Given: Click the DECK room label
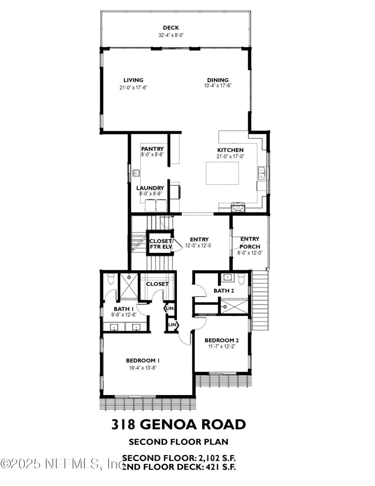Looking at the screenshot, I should click(171, 28).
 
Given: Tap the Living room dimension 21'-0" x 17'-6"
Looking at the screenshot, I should click(133, 87).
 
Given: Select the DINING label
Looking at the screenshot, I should click(218, 80).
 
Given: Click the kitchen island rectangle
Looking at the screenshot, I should click(221, 173).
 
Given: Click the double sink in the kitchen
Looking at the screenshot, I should click(262, 173).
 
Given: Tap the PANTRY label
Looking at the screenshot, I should click(152, 149).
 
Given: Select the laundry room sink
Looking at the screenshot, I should click(136, 173).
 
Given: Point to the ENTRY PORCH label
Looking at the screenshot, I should click(250, 243).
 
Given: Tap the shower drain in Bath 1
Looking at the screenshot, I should click(129, 277).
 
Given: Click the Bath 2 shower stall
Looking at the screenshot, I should click(234, 306).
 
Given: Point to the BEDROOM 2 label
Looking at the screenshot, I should click(221, 340).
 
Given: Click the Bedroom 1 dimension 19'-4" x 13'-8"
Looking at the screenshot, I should click(143, 368).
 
